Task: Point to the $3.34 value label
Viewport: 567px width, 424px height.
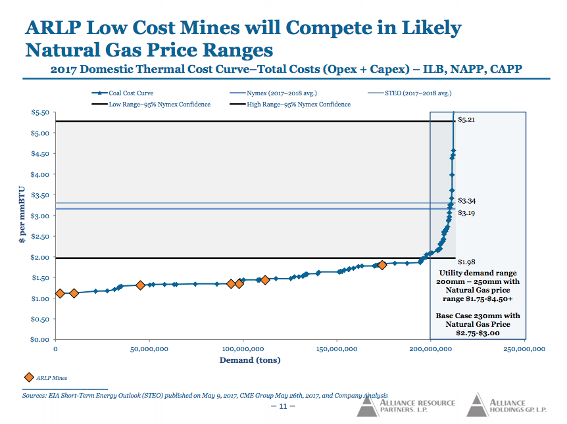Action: (466, 200)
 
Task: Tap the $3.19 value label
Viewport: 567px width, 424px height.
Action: (466, 213)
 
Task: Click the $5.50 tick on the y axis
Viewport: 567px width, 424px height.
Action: (40, 112)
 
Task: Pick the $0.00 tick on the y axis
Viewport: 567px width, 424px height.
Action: (40, 339)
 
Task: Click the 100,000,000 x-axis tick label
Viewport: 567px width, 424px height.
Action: (243, 349)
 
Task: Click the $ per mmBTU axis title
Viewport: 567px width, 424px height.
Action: (23, 216)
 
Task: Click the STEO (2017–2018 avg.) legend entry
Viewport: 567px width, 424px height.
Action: (418, 93)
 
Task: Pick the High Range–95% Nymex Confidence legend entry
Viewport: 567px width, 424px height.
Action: (299, 104)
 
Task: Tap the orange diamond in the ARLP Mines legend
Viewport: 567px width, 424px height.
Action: (28, 377)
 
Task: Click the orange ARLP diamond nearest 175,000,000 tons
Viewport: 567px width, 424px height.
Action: (382, 265)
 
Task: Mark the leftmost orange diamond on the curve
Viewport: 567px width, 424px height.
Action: (60, 293)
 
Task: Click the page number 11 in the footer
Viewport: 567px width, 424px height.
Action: (283, 406)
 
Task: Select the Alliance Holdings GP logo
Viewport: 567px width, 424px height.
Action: (506, 406)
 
